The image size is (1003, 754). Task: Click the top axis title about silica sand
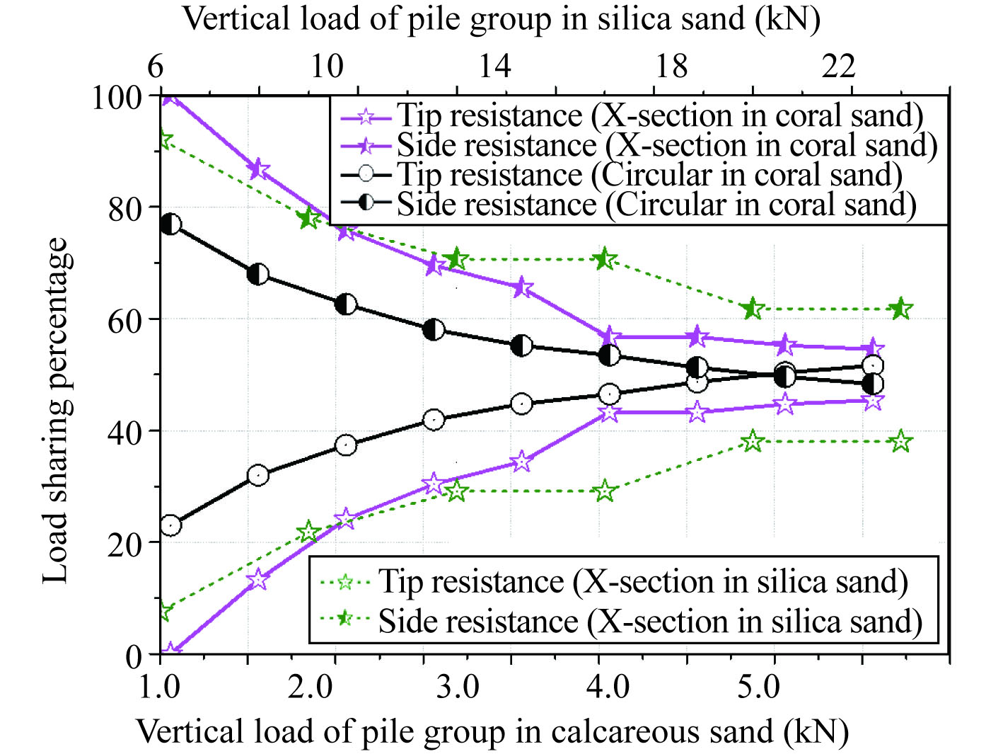point(501,19)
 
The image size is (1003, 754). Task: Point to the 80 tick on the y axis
point(124,209)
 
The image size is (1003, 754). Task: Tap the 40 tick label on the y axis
point(124,432)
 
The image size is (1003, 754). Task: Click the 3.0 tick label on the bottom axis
point(457,687)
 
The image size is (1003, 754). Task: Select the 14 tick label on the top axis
point(494,67)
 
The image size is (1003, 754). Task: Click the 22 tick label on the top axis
point(838,67)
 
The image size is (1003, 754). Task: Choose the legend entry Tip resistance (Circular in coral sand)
point(649,175)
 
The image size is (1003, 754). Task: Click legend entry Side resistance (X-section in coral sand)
point(666,146)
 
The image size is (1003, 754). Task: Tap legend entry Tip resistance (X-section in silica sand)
point(642,582)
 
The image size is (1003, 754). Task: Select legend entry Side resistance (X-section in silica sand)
point(649,622)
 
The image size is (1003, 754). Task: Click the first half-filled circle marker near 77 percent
point(170,225)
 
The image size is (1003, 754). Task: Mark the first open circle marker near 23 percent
point(170,526)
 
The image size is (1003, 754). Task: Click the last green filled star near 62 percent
point(900,309)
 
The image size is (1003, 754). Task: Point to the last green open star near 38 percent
point(900,442)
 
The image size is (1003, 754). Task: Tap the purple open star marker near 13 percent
point(258,579)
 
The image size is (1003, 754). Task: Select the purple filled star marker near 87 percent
point(258,170)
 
